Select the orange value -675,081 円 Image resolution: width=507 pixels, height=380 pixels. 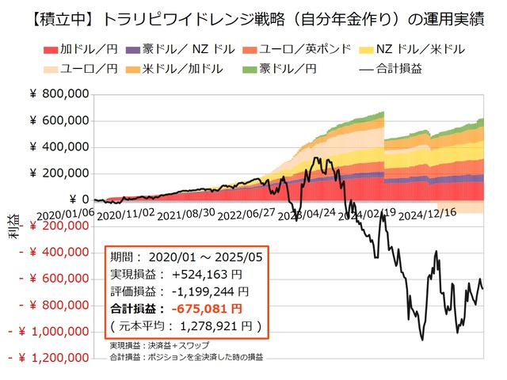[210, 309]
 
